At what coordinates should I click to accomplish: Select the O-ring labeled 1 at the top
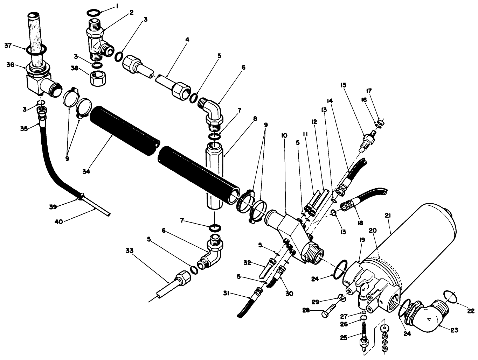(93, 13)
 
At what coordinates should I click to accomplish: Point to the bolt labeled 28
(329, 310)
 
